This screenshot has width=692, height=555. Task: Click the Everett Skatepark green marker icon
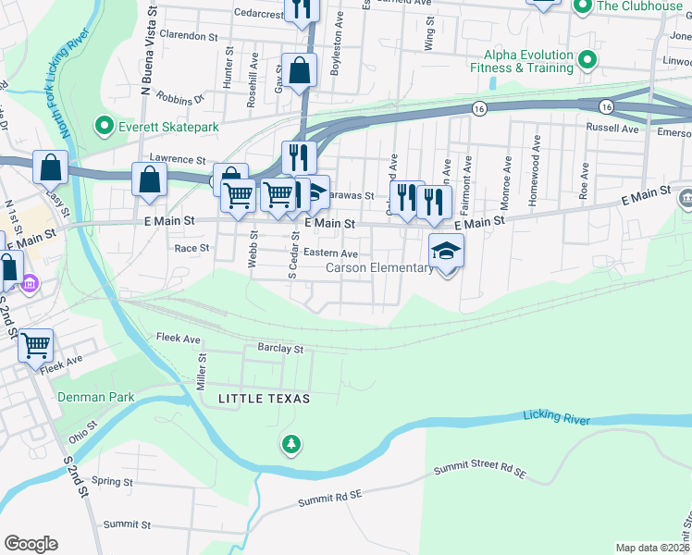pos(104,126)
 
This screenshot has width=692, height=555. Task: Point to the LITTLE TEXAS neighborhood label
pos(264,398)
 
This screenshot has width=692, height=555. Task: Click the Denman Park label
pos(96,397)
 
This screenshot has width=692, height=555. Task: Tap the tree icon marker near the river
pos(291,446)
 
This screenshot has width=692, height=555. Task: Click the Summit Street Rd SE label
pos(480,473)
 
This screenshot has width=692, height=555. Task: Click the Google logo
pos(31,543)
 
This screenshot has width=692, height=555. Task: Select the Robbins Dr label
pos(179,97)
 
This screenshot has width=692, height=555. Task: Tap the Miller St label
pos(201,376)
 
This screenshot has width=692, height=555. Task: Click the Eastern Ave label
pos(330,253)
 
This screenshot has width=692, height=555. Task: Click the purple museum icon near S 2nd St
pos(31,281)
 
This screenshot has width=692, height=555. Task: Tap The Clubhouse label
pos(639,6)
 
